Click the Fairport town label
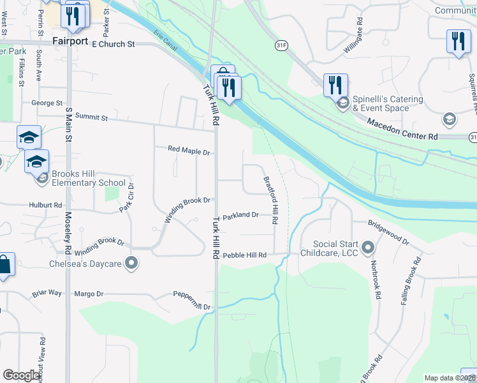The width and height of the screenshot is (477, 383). [70, 40]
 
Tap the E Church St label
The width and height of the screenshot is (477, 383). [114, 45]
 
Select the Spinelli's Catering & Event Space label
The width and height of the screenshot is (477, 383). [389, 103]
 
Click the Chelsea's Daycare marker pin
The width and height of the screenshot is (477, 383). [131, 263]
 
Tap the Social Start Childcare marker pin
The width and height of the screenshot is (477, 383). [367, 247]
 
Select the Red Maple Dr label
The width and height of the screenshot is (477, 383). [189, 151]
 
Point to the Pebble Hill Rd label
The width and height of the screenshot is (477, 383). [253, 255]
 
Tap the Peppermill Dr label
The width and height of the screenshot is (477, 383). [191, 301]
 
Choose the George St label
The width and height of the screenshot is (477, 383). [47, 103]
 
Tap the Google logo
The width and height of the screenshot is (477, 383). [20, 375]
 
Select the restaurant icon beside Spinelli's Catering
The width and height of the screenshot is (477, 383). [335, 84]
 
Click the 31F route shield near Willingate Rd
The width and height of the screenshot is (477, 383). [282, 46]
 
